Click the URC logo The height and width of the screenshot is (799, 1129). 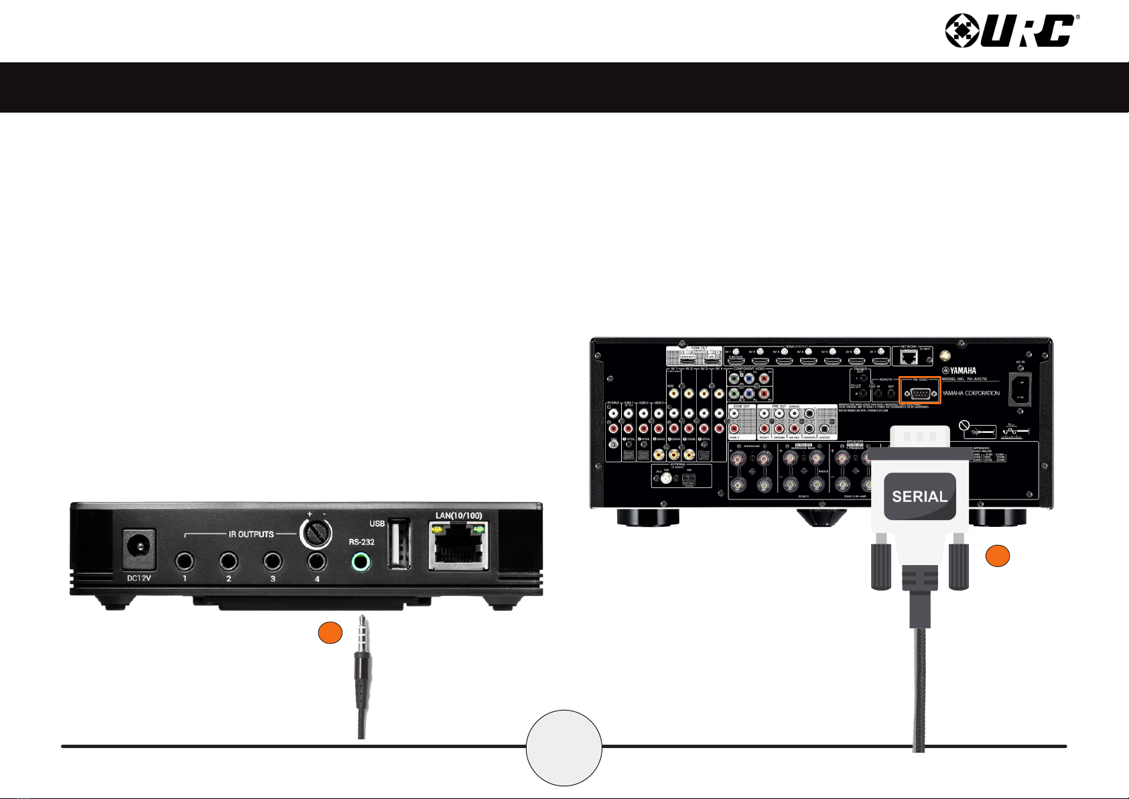click(x=1010, y=31)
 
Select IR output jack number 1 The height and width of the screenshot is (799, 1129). click(x=184, y=561)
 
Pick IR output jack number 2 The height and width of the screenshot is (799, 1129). click(x=228, y=561)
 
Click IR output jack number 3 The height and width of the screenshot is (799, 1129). click(x=273, y=561)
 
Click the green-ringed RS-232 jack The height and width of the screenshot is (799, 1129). click(x=361, y=562)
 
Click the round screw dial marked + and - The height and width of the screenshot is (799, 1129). click(x=316, y=534)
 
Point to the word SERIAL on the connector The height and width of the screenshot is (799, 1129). click(x=919, y=497)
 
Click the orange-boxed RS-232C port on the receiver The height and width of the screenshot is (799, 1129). click(x=919, y=393)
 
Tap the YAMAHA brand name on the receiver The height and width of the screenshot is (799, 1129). click(x=960, y=371)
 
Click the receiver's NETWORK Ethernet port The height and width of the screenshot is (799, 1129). click(x=908, y=357)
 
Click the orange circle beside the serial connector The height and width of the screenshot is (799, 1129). click(x=998, y=557)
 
